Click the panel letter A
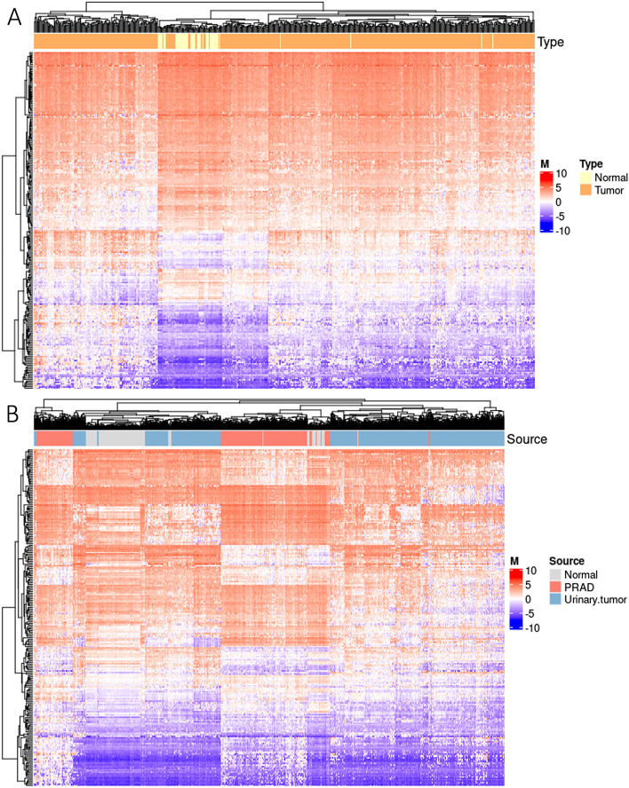(15, 19)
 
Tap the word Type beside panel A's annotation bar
(551, 42)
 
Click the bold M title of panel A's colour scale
(544, 163)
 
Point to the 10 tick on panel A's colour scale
(561, 174)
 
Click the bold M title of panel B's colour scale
(515, 561)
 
